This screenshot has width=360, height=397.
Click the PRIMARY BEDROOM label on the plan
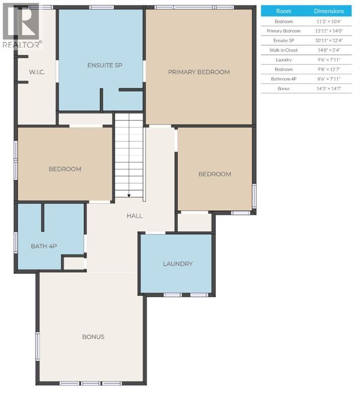pyautogui.click(x=198, y=72)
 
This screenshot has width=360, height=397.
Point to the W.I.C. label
pyautogui.click(x=37, y=72)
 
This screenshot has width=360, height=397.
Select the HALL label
pyautogui.click(x=134, y=216)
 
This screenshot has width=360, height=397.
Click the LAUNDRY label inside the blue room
pyautogui.click(x=177, y=264)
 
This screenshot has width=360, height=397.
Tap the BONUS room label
pyautogui.click(x=93, y=337)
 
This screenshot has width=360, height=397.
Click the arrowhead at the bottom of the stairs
pyautogui.click(x=129, y=195)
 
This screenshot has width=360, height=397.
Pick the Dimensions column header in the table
pyautogui.click(x=328, y=11)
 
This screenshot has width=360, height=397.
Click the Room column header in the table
pyautogui.click(x=284, y=11)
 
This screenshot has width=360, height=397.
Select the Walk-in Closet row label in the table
pyautogui.click(x=284, y=50)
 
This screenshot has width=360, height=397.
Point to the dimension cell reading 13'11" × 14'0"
pyautogui.click(x=328, y=31)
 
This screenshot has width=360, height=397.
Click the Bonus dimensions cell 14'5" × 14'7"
pyautogui.click(x=328, y=89)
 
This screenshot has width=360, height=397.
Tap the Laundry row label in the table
pyautogui.click(x=284, y=60)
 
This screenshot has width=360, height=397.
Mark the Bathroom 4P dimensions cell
pyautogui.click(x=328, y=79)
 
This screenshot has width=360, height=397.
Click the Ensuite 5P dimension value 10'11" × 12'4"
pyautogui.click(x=328, y=41)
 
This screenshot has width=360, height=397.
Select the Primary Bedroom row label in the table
pyautogui.click(x=284, y=31)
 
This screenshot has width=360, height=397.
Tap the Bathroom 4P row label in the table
pyautogui.click(x=284, y=79)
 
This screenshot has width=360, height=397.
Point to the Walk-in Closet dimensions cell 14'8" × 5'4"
pyautogui.click(x=328, y=50)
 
